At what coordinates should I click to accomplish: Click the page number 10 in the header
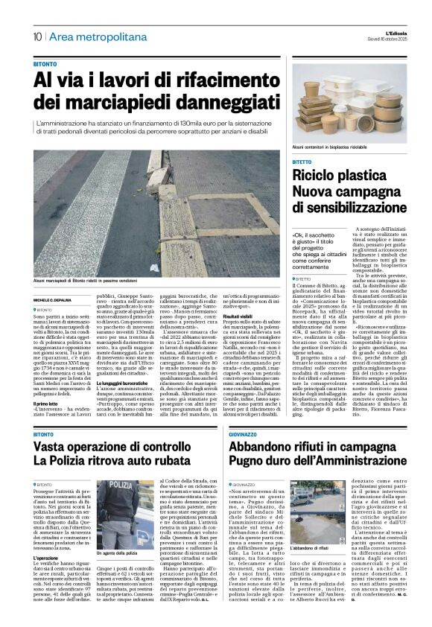point(36,36)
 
